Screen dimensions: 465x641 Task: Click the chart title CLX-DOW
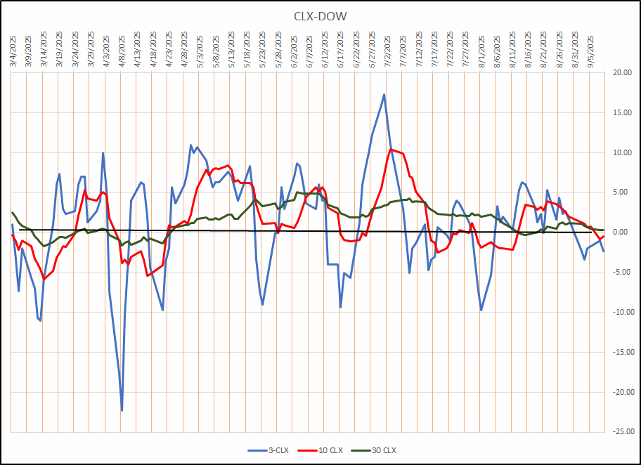[x=320, y=16]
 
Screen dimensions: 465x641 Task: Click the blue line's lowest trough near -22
[x=122, y=410]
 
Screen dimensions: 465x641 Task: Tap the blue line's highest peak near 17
[x=384, y=94]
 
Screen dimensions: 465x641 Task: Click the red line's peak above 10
[x=391, y=149]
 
